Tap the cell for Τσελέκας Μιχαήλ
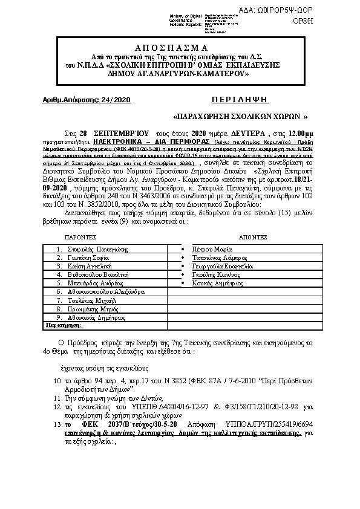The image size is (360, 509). (x=93, y=300)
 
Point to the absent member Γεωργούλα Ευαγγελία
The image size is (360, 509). (x=222, y=266)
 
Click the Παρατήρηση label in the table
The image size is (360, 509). (x=61, y=325)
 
